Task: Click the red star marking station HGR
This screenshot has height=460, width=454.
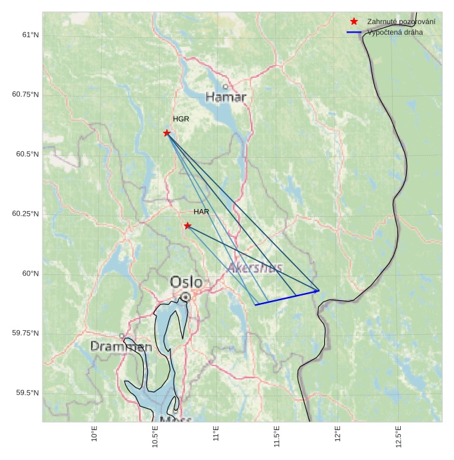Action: [166, 133]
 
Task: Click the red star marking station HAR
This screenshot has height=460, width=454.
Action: [188, 226]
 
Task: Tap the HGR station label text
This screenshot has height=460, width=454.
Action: [181, 119]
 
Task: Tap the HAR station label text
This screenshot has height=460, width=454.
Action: [202, 212]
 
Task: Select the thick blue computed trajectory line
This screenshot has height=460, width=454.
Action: [287, 298]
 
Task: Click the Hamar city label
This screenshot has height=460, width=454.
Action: [226, 97]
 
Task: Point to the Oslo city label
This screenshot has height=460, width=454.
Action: [186, 282]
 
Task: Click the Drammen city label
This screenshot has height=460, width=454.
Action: [121, 347]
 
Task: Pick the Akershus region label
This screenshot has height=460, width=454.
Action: [255, 268]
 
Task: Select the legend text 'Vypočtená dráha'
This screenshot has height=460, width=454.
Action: [395, 32]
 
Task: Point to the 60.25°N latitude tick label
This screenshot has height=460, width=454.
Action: [25, 214]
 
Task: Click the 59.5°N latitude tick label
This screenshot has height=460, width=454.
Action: [27, 393]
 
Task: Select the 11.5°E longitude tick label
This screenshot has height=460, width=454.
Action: [276, 436]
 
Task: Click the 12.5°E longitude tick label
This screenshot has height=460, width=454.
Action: [398, 436]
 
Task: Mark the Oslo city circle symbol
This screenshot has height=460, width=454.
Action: [186, 297]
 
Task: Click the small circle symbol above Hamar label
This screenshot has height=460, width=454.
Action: [226, 87]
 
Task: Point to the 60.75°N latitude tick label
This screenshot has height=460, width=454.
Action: [25, 95]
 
